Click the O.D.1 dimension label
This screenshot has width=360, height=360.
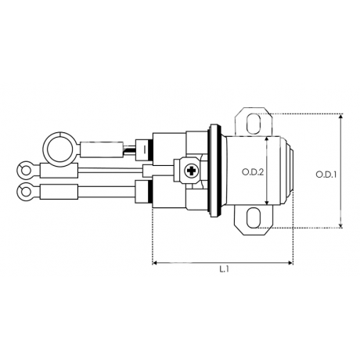click(326, 175)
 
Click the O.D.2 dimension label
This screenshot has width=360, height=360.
click(253, 172)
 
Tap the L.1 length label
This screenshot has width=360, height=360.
click(224, 269)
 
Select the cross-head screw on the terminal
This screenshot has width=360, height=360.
click(191, 171)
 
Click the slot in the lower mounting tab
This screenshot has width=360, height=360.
click(254, 218)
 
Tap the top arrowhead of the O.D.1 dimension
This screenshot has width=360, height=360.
click(340, 117)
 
